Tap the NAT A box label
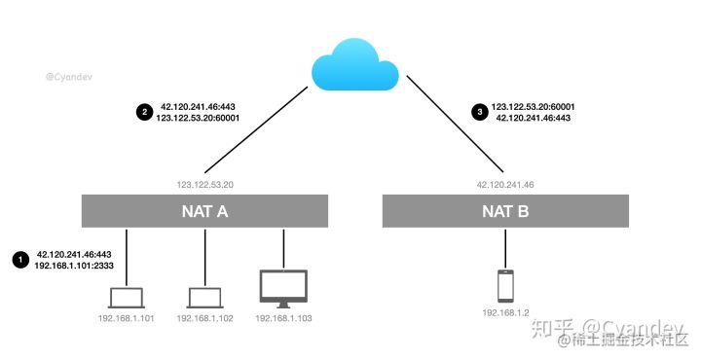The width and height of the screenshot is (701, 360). point(204,210)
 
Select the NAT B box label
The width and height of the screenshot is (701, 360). point(505,210)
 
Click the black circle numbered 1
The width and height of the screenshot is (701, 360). point(19,259)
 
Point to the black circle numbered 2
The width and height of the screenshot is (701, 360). point(143,112)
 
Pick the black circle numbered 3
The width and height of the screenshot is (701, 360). point(477,112)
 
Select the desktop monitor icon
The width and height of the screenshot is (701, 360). point(283,289)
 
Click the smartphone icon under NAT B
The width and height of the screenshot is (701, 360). point(505,286)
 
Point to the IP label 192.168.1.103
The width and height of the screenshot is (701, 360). point(283,318)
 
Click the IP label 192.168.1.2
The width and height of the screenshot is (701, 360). point(505,313)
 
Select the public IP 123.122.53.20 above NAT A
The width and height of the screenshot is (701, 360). point(204,184)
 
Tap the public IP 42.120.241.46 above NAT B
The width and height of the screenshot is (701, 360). point(505,184)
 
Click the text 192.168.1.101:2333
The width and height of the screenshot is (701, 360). point(75,264)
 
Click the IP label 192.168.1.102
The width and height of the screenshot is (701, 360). point(203,318)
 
